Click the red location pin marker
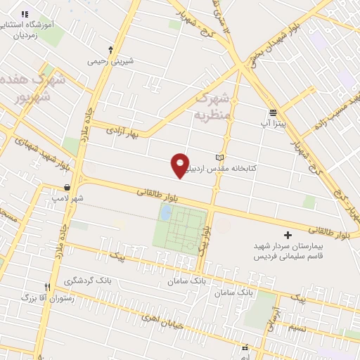point(181,165)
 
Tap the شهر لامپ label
point(67,198)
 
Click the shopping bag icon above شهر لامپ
point(67,188)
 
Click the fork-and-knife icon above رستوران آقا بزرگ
point(48,287)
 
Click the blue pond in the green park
point(165,212)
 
